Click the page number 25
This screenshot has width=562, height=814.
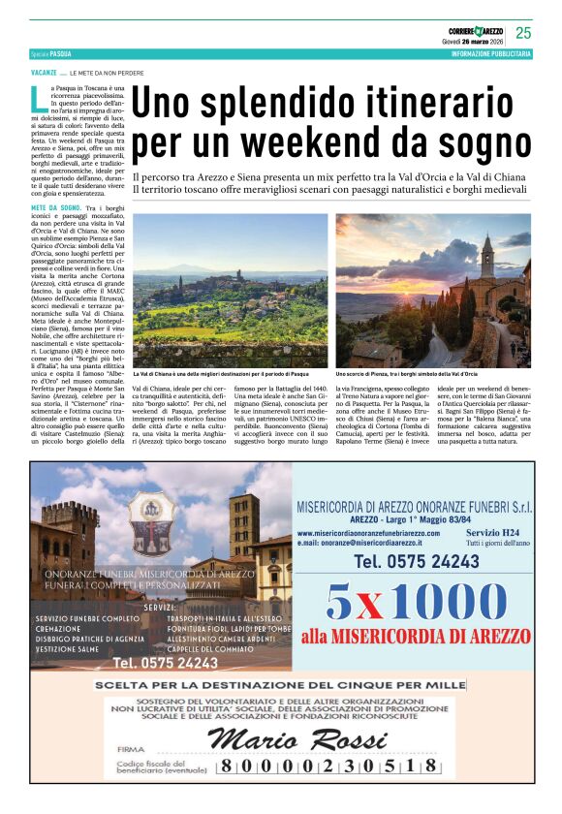(x=523, y=33)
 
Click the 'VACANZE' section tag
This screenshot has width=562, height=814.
(x=43, y=74)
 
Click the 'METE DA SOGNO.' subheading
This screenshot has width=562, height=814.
(x=54, y=208)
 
